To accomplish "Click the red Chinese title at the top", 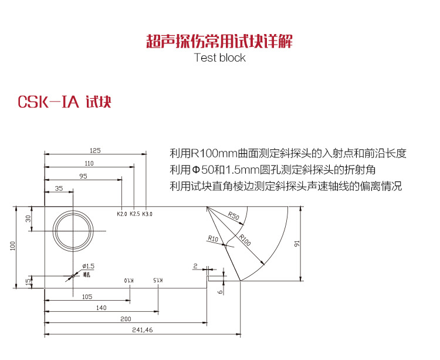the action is (x=219, y=41).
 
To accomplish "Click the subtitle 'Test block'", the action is (x=219, y=58).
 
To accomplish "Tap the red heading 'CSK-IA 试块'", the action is (x=65, y=102).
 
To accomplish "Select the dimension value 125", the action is (x=96, y=150).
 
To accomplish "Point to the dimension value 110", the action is (x=89, y=163).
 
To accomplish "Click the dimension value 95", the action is (x=83, y=176).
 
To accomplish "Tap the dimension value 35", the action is (x=59, y=189).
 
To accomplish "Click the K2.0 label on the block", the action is (x=122, y=214).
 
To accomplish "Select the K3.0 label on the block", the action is (x=147, y=214).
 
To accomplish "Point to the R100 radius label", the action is (x=246, y=238).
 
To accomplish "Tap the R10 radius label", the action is (x=212, y=238).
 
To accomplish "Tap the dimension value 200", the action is (x=125, y=318).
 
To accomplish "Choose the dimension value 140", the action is (x=101, y=307).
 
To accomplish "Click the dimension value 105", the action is (x=87, y=296).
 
